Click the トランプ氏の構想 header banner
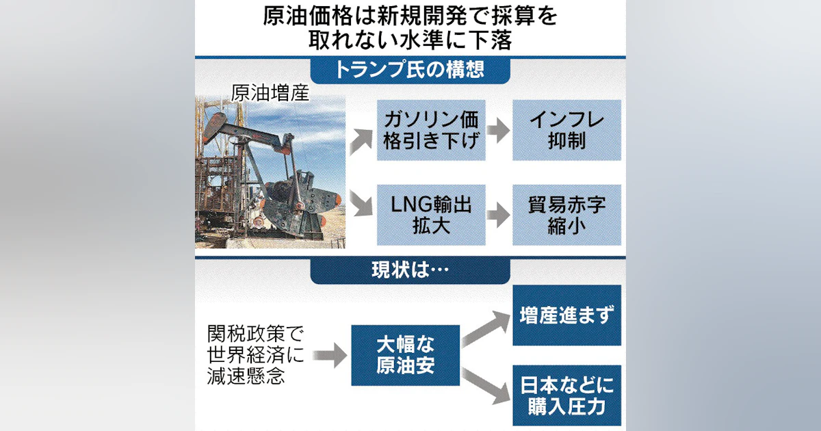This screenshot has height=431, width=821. pyautogui.click(x=410, y=70)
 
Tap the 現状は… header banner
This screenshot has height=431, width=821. pyautogui.click(x=410, y=271)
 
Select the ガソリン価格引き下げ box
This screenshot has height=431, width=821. pyautogui.click(x=431, y=129)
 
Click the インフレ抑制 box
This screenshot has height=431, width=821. pyautogui.click(x=566, y=129)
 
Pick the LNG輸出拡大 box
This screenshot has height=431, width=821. pyautogui.click(x=431, y=215)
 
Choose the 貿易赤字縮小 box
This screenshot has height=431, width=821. pyautogui.click(x=566, y=215)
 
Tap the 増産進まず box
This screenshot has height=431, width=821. pyautogui.click(x=566, y=315)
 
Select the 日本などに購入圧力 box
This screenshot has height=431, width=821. pyautogui.click(x=566, y=396)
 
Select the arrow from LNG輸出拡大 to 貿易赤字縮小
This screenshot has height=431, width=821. pyautogui.click(x=499, y=215)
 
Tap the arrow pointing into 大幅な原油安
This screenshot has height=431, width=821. pyautogui.click(x=332, y=354)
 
